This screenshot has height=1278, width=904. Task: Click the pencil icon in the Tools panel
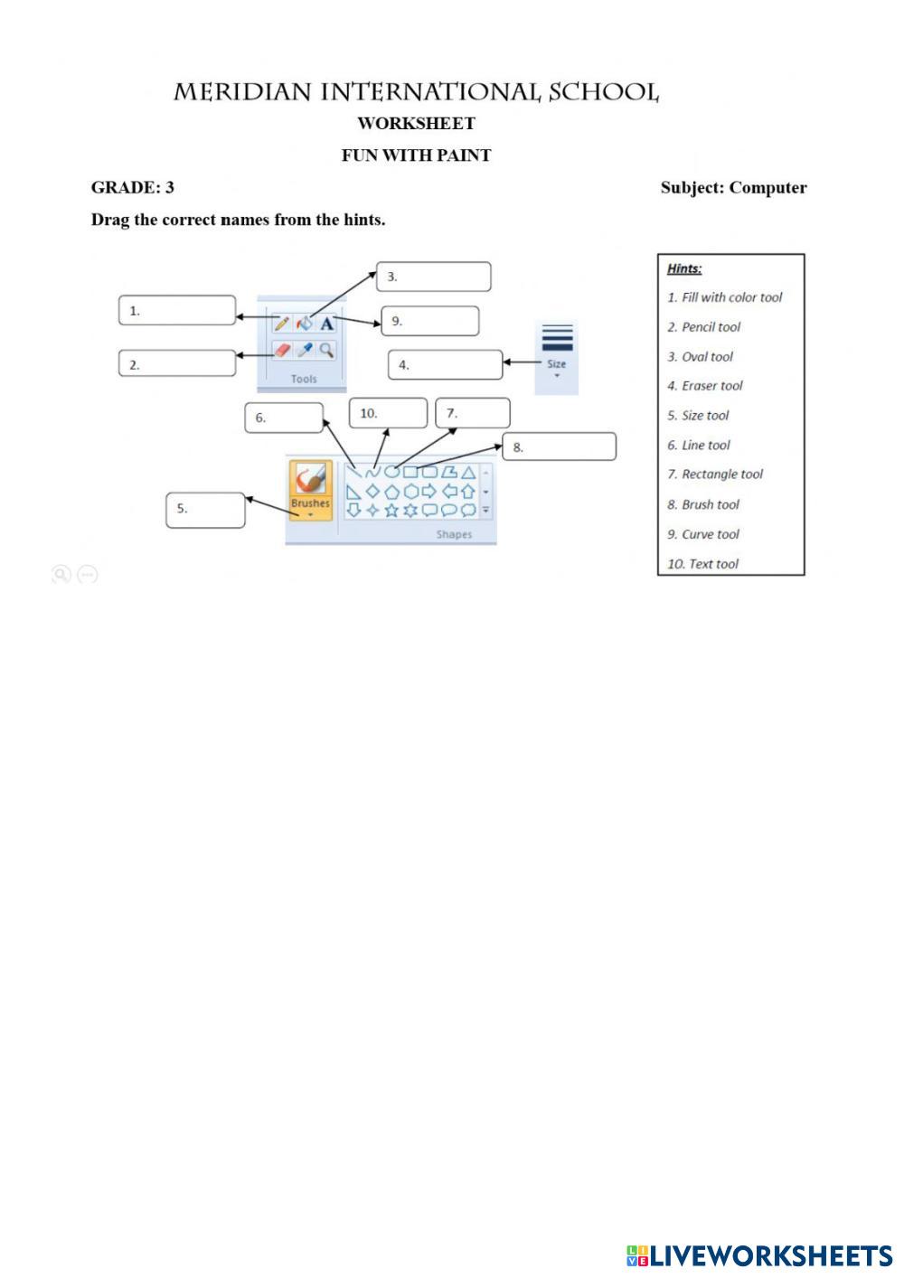tap(281, 323)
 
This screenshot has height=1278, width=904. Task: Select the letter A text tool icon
tap(327, 323)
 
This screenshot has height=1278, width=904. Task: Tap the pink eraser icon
tap(282, 350)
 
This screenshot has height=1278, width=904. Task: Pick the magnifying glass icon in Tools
tap(327, 350)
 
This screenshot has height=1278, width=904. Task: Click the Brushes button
tap(310, 489)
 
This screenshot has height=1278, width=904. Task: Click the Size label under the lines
tap(556, 364)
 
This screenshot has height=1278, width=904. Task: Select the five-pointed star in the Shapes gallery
tap(391, 511)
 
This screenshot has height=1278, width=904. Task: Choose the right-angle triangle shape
tap(353, 492)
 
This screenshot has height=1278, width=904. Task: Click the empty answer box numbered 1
tap(177, 310)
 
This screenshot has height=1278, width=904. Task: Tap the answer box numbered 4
tap(446, 365)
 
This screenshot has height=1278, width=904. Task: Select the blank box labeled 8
tap(560, 446)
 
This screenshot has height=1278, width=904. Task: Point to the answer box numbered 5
tap(205, 510)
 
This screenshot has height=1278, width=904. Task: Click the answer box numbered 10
tap(388, 413)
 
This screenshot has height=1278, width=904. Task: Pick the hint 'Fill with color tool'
tap(725, 297)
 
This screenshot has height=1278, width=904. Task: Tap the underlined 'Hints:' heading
tap(684, 268)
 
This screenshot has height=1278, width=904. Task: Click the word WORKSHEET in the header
tap(416, 123)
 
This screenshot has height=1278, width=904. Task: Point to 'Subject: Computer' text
tap(733, 188)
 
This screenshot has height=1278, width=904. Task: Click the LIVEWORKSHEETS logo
tap(759, 1255)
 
